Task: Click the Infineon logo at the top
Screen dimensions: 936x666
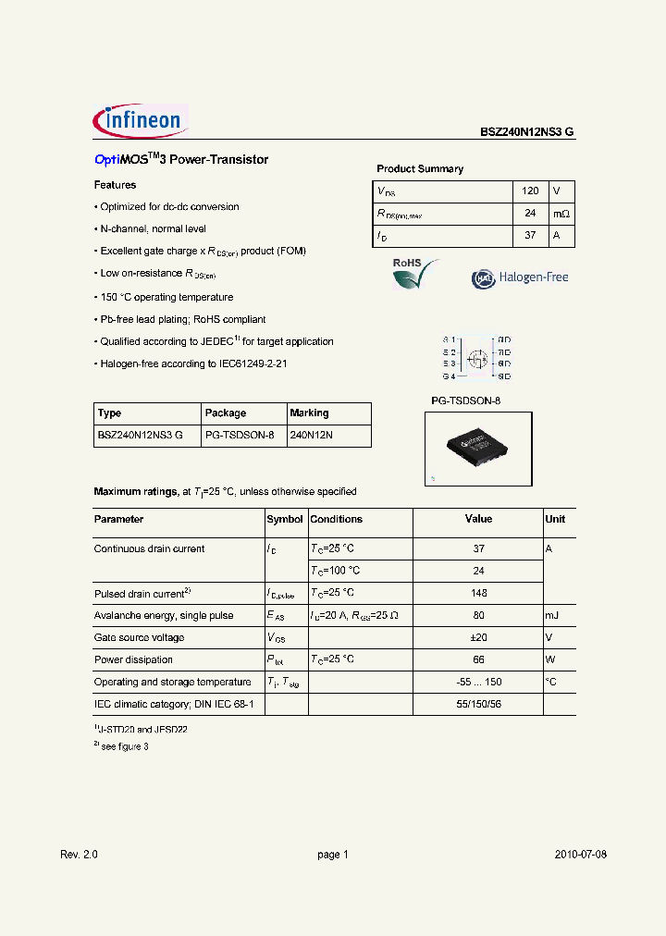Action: coord(141,120)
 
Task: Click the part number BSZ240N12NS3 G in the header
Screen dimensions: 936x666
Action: coord(526,132)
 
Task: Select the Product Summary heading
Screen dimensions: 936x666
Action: coord(420,169)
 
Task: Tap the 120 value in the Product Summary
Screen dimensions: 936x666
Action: coord(530,191)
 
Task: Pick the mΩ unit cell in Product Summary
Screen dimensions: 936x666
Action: coord(561,214)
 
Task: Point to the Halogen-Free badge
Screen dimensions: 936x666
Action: coord(520,277)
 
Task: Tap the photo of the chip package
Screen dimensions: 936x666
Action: coord(477,448)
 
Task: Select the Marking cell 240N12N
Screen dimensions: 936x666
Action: coord(311,436)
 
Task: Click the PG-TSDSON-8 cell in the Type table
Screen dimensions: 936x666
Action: coord(240,436)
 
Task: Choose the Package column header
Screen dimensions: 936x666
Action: coord(226,413)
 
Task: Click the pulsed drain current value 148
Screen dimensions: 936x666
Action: coord(478,593)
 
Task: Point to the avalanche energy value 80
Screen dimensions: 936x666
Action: coord(478,615)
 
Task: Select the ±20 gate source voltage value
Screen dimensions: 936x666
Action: coord(478,637)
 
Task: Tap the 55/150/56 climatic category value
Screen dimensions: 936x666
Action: coord(478,704)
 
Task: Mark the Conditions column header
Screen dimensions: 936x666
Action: coord(336,520)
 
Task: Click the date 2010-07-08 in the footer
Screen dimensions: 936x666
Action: coord(581,855)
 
